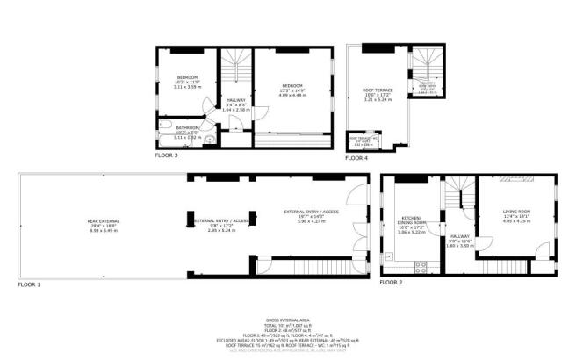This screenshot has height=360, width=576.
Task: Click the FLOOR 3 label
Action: click(x=166, y=155)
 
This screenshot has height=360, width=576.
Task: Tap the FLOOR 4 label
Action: click(x=356, y=158)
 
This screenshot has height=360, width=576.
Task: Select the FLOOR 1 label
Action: click(x=29, y=285)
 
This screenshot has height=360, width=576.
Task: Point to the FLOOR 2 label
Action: click(x=392, y=283)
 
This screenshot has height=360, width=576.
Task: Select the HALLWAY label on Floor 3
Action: click(x=236, y=100)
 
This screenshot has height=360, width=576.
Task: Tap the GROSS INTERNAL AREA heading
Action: click(x=286, y=320)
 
